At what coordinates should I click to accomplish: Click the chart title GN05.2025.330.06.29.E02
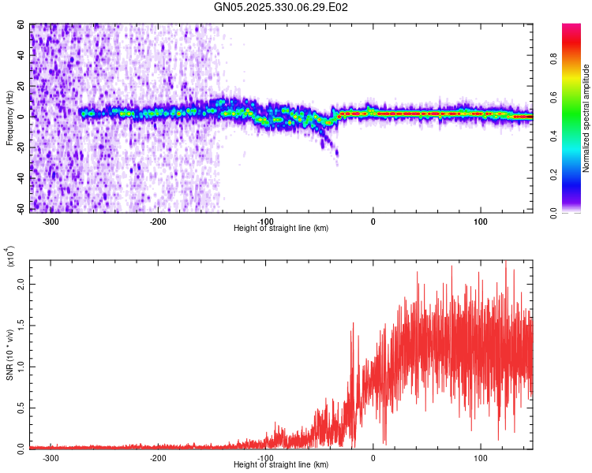point(282,7)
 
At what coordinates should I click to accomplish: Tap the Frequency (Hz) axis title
point(9,118)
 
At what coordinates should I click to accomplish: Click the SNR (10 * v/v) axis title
point(9,355)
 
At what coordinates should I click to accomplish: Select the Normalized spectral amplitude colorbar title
point(586,118)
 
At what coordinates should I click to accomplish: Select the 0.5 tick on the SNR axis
point(21,407)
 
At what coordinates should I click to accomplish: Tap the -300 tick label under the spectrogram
point(51,222)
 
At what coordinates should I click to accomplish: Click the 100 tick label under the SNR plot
point(481,458)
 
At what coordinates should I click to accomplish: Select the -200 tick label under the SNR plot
point(158,458)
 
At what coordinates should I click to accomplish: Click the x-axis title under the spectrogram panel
point(282,229)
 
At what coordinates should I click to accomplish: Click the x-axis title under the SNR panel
point(282,465)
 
